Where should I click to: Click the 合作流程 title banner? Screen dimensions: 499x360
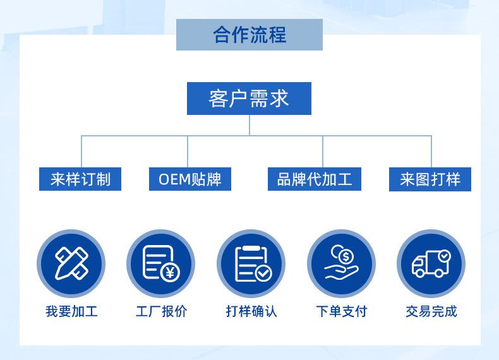(x=249, y=34)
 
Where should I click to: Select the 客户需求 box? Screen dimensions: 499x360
(x=249, y=99)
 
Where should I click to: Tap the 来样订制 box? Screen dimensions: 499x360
(x=80, y=179)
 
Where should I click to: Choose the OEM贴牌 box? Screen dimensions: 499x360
(x=190, y=179)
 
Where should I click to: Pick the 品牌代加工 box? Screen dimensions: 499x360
(x=315, y=179)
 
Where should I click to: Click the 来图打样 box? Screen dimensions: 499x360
(x=430, y=179)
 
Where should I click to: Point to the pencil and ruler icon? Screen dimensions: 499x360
(x=71, y=263)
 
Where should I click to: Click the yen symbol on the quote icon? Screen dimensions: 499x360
(x=171, y=272)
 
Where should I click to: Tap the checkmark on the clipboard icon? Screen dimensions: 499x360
(x=263, y=273)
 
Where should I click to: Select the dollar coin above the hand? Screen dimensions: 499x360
(x=346, y=256)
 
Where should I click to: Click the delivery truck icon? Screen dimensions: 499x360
(x=431, y=263)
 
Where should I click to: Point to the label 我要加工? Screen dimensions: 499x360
(x=71, y=311)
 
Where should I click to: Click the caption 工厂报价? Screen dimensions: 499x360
(x=161, y=311)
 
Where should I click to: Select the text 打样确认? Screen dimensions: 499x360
(x=251, y=311)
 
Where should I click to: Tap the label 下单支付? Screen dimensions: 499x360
(x=342, y=311)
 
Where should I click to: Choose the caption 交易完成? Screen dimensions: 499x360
(x=431, y=311)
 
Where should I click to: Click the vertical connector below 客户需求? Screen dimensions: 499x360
(x=249, y=125)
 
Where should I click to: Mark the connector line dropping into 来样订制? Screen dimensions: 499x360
(x=81, y=152)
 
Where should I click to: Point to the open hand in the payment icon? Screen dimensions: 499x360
(x=341, y=272)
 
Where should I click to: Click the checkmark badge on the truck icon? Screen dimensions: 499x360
(x=444, y=256)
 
